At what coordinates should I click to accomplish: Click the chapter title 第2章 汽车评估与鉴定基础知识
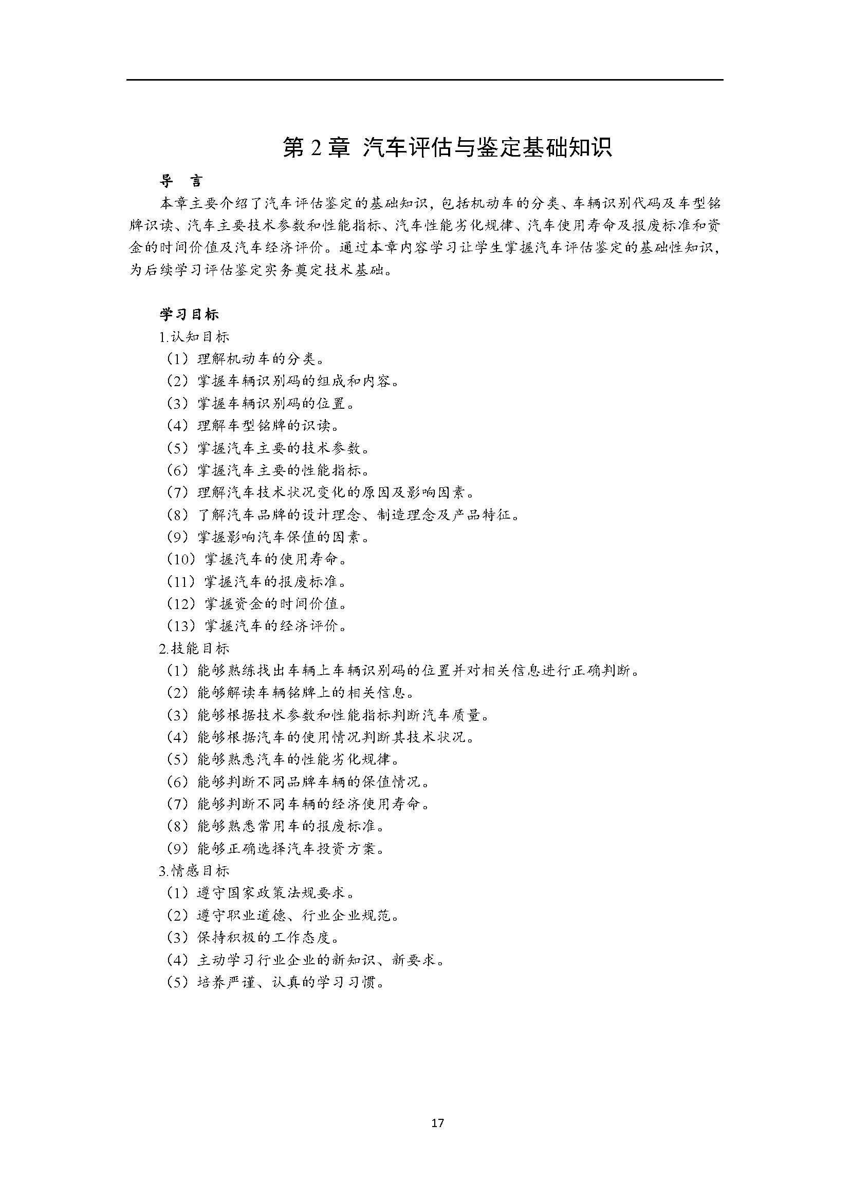[448, 148]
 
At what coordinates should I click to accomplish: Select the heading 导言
[181, 181]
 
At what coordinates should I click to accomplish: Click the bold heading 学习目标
[189, 314]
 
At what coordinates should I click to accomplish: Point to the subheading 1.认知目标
[194, 337]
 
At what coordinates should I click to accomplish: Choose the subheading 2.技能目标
[194, 649]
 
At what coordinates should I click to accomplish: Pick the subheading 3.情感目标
[194, 871]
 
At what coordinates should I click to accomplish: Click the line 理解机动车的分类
[246, 359]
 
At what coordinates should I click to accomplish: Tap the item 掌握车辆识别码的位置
[261, 404]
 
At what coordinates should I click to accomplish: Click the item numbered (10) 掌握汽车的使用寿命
[257, 559]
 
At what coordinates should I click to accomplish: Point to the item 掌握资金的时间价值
[257, 604]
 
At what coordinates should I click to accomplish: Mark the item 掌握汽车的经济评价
[257, 625]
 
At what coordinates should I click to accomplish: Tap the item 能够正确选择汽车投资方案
[276, 848]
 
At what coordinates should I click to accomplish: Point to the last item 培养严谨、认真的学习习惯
[276, 982]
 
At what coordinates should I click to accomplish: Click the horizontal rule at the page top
[424, 80]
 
